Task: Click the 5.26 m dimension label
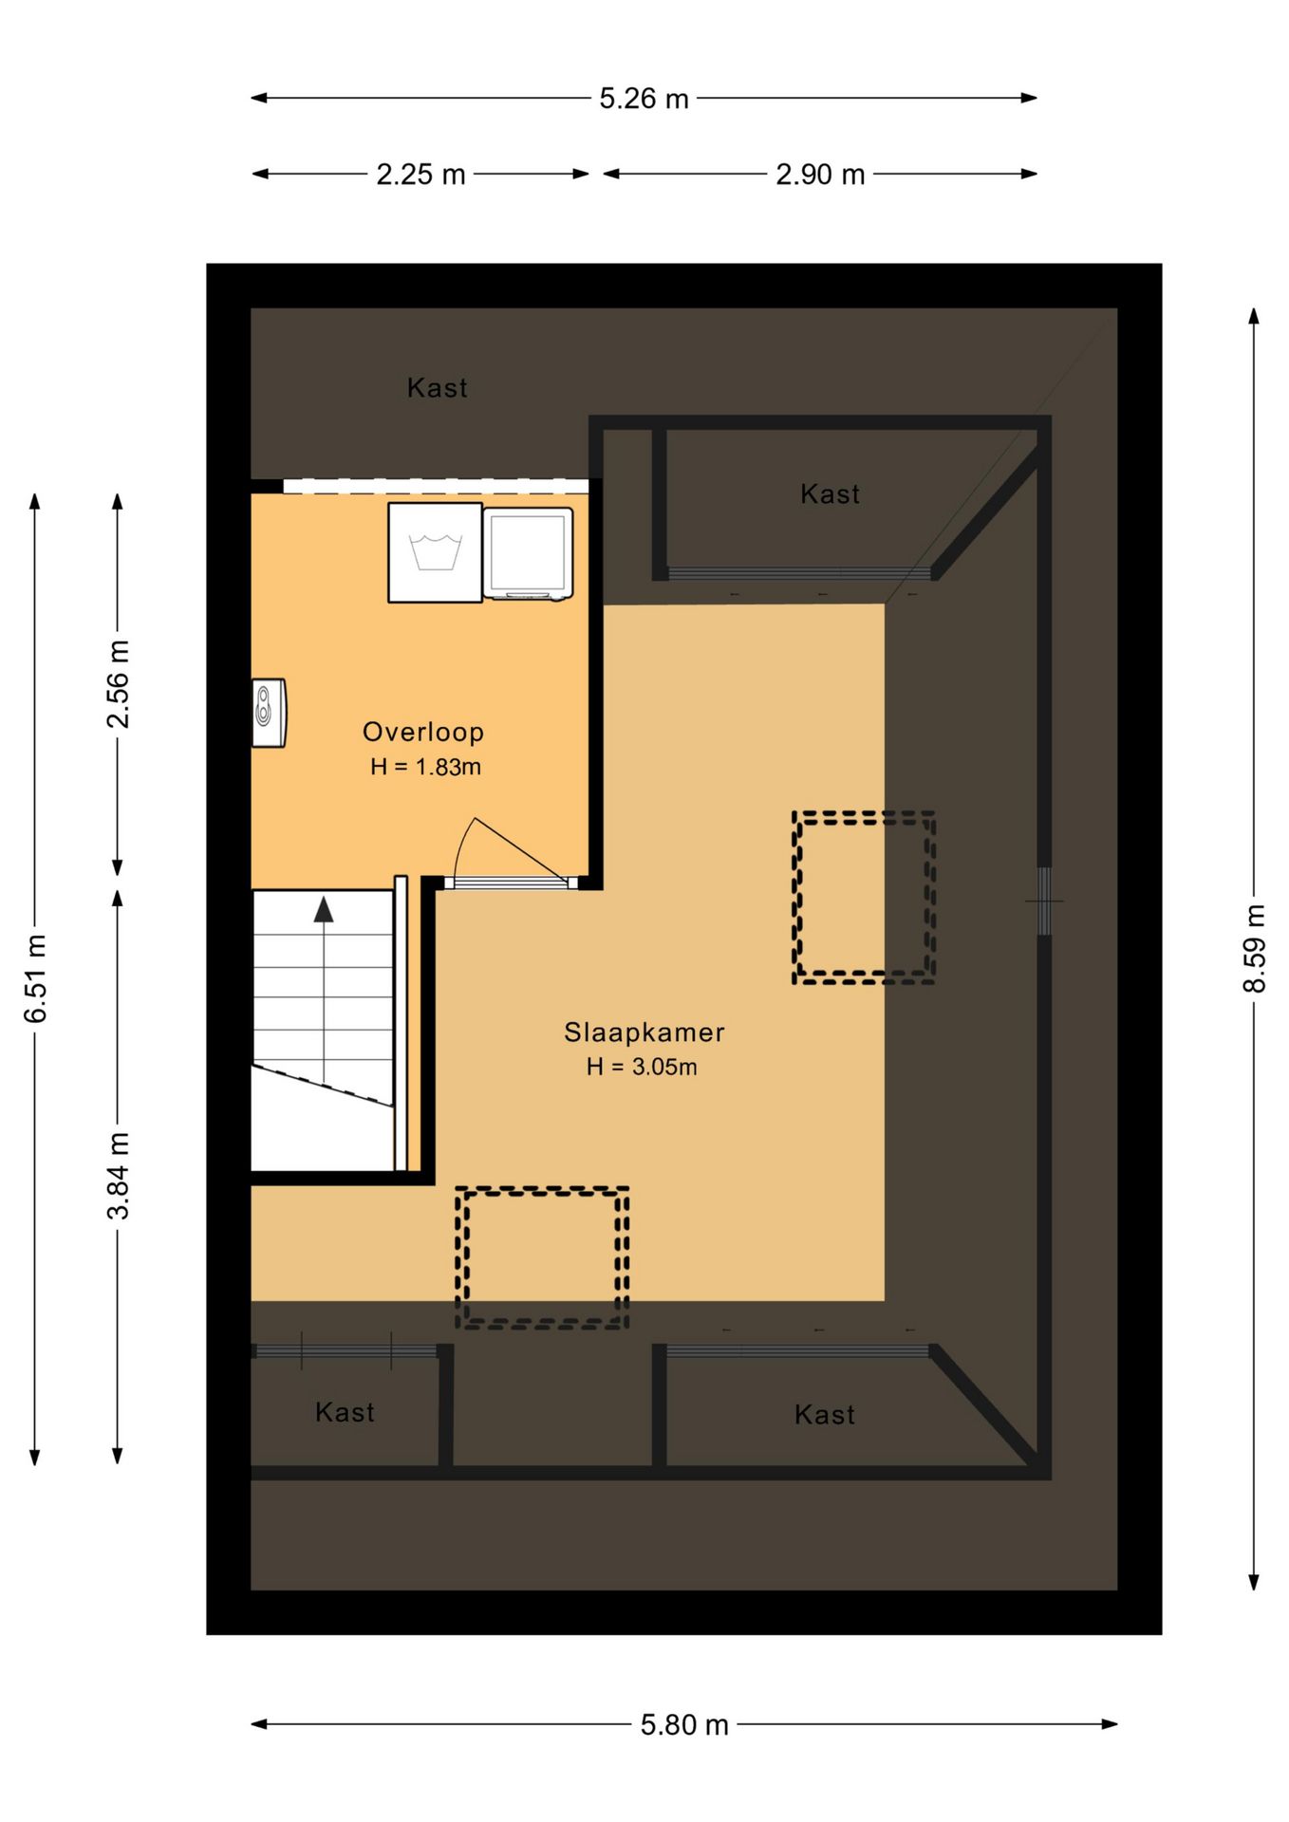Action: [644, 99]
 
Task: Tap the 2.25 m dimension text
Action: [420, 175]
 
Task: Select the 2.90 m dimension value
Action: [820, 175]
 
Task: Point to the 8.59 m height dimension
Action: [1254, 948]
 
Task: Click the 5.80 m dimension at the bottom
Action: [684, 1724]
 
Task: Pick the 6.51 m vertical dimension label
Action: [35, 978]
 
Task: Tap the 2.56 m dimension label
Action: [118, 684]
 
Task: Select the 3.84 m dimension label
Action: [118, 1175]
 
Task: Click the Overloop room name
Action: [423, 732]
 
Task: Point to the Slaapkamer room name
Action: [644, 1032]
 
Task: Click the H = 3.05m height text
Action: [642, 1067]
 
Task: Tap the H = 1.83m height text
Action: [425, 767]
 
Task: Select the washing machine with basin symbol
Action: [435, 552]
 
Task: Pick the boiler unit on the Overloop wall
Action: [269, 713]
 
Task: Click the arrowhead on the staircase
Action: [324, 909]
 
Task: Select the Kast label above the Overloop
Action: [437, 388]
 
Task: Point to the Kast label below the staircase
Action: [345, 1412]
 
